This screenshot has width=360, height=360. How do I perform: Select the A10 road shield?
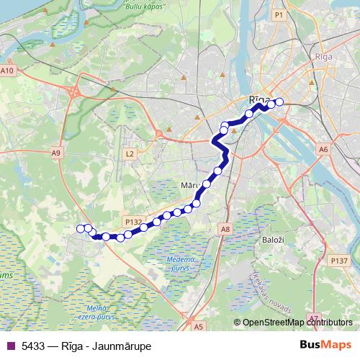point(7,71)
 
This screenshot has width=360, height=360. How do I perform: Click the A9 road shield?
point(56,152)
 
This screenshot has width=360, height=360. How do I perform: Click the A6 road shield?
point(323,150)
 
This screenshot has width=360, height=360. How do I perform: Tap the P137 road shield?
point(337,259)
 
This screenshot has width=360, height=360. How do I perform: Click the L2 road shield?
point(130,153)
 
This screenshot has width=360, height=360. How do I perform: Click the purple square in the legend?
point(9,346)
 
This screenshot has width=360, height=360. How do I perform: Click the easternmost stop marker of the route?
point(279,102)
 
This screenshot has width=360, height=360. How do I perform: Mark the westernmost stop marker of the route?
point(80,228)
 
